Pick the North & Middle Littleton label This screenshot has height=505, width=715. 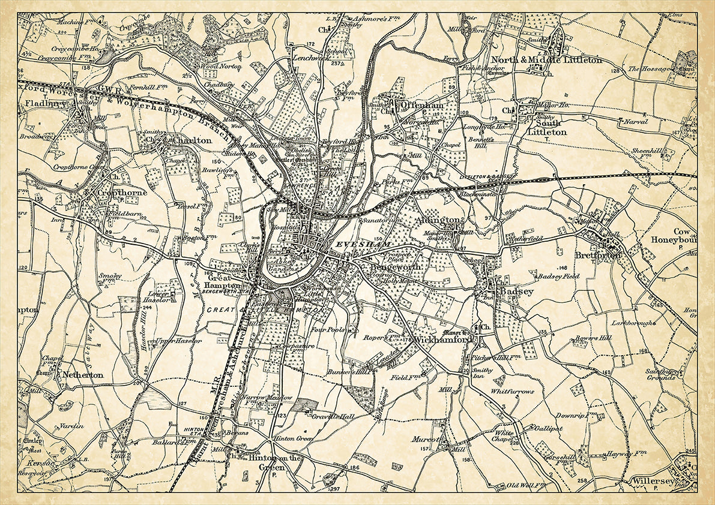[x=546, y=60]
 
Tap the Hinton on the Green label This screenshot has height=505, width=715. [x=273, y=462]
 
